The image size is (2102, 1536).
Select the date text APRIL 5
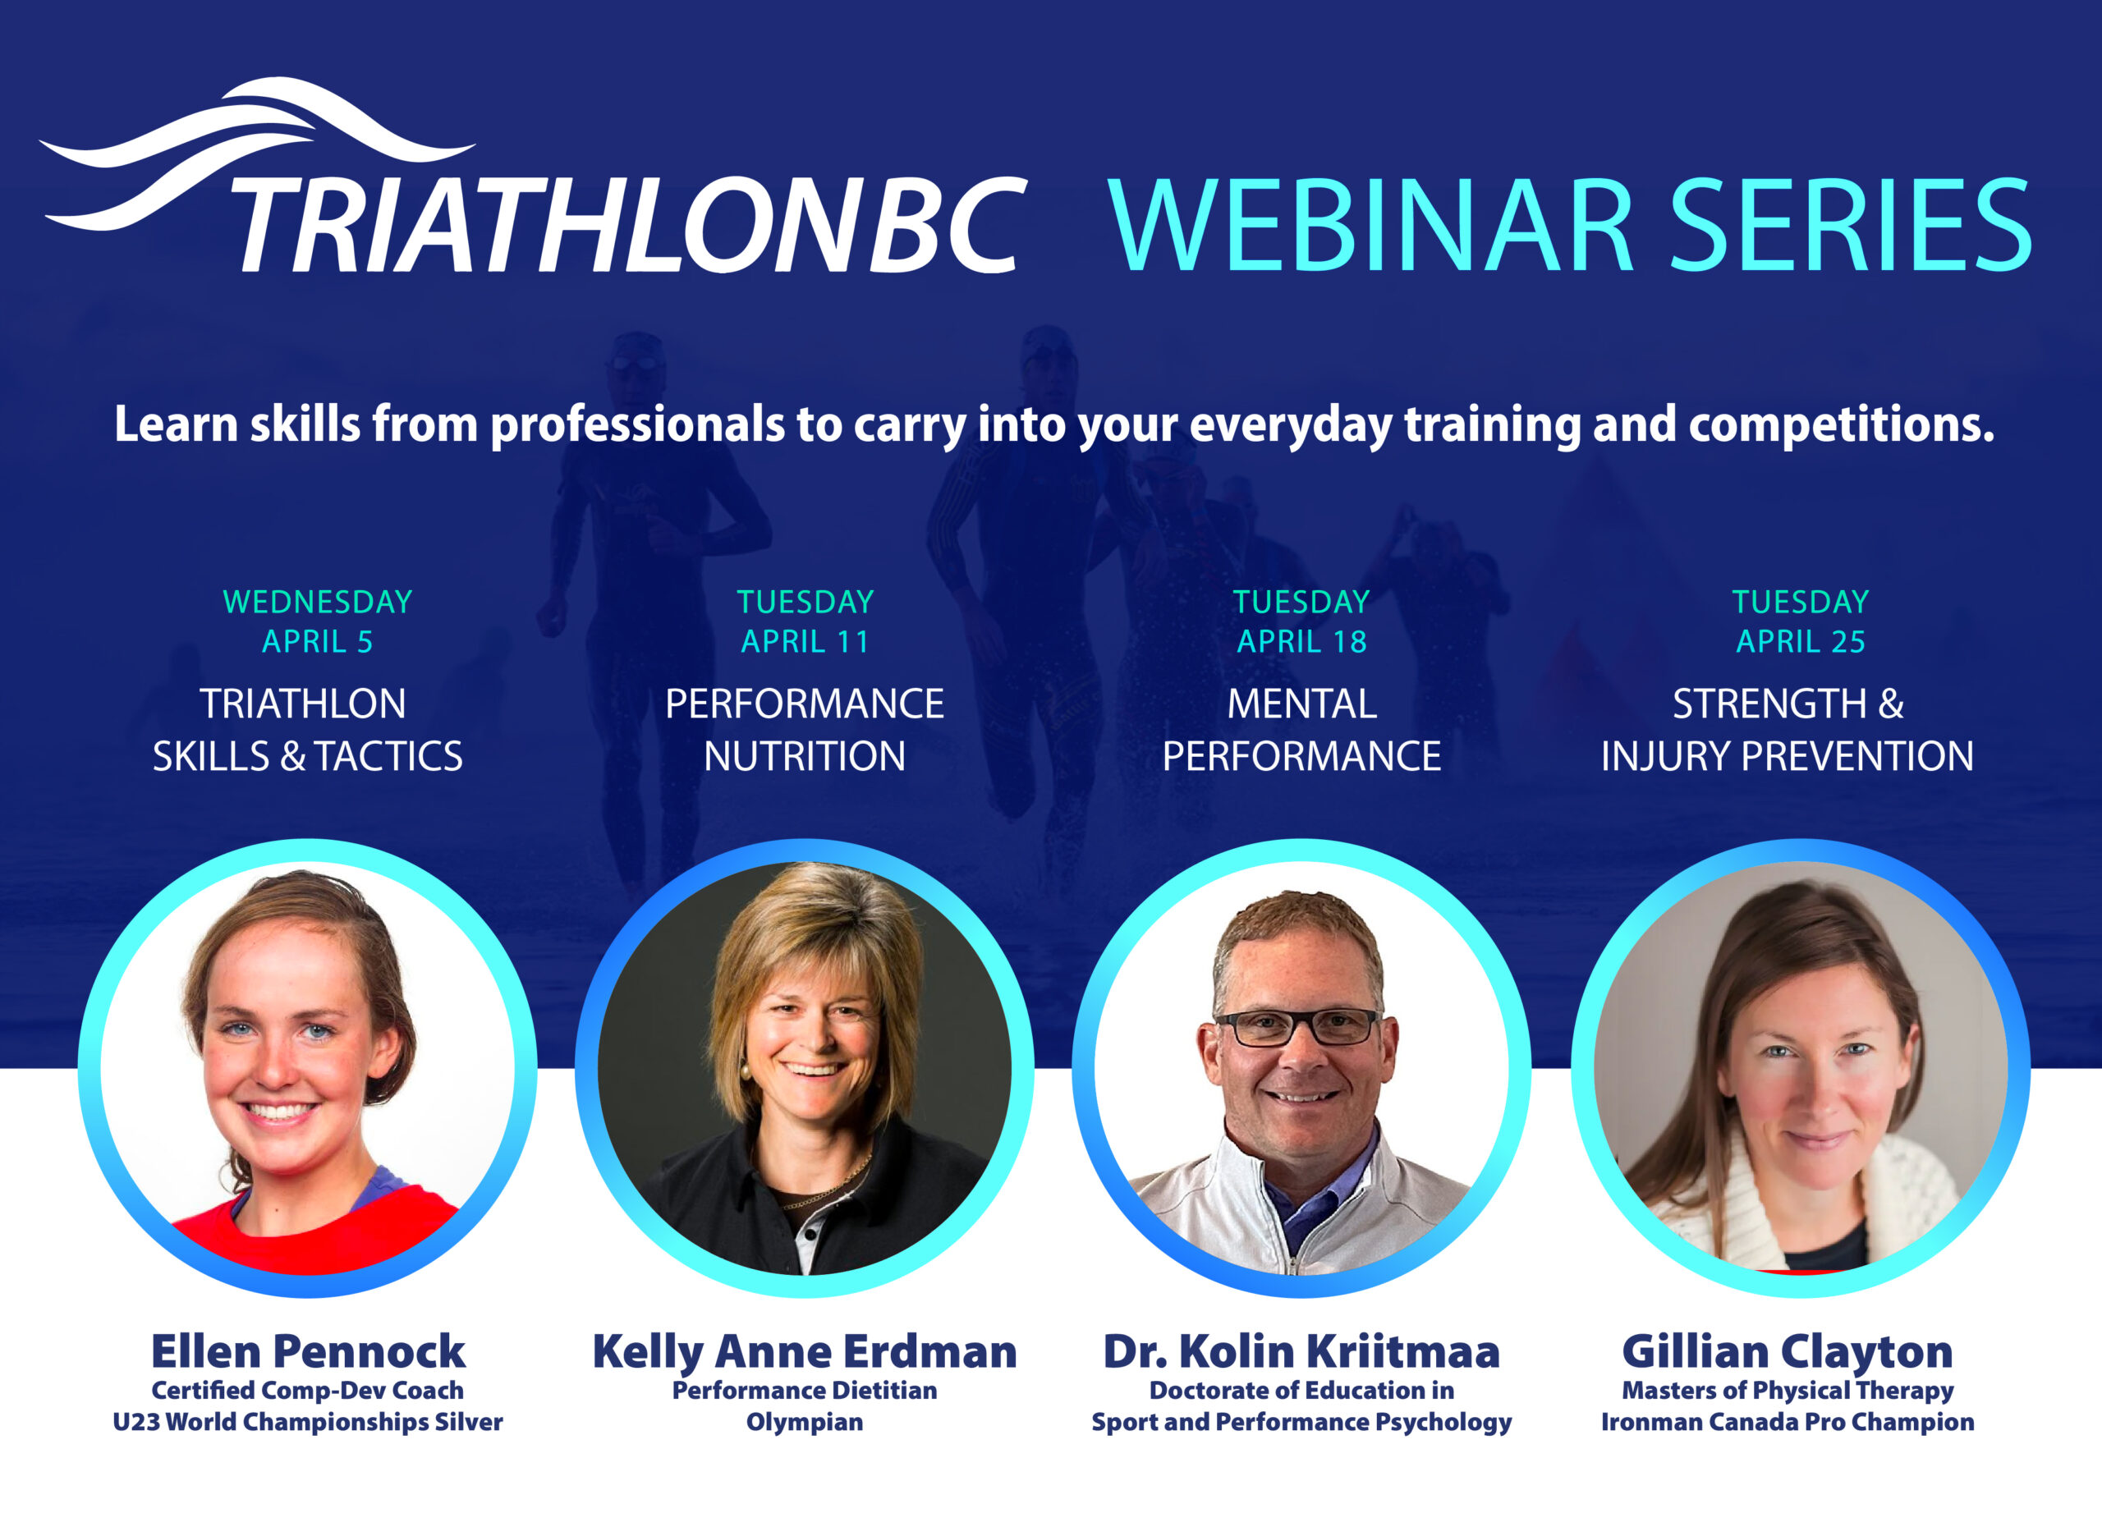pyautogui.click(x=317, y=641)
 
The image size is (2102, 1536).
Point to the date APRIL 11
pyautogui.click(x=805, y=641)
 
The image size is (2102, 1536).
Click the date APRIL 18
pyautogui.click(x=1301, y=641)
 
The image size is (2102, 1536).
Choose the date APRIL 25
pyautogui.click(x=1801, y=641)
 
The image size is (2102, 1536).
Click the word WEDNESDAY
pyautogui.click(x=318, y=602)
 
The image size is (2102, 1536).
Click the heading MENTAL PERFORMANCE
pyautogui.click(x=1301, y=730)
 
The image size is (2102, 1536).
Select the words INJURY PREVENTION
pyautogui.click(x=1787, y=756)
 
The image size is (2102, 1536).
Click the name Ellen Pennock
pyautogui.click(x=308, y=1352)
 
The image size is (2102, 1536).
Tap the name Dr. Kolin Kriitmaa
pyautogui.click(x=1301, y=1352)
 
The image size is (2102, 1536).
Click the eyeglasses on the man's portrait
pyautogui.click(x=1299, y=1026)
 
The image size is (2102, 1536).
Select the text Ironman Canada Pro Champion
pyautogui.click(x=1787, y=1423)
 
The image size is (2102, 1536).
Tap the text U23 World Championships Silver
pyautogui.click(x=308, y=1423)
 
